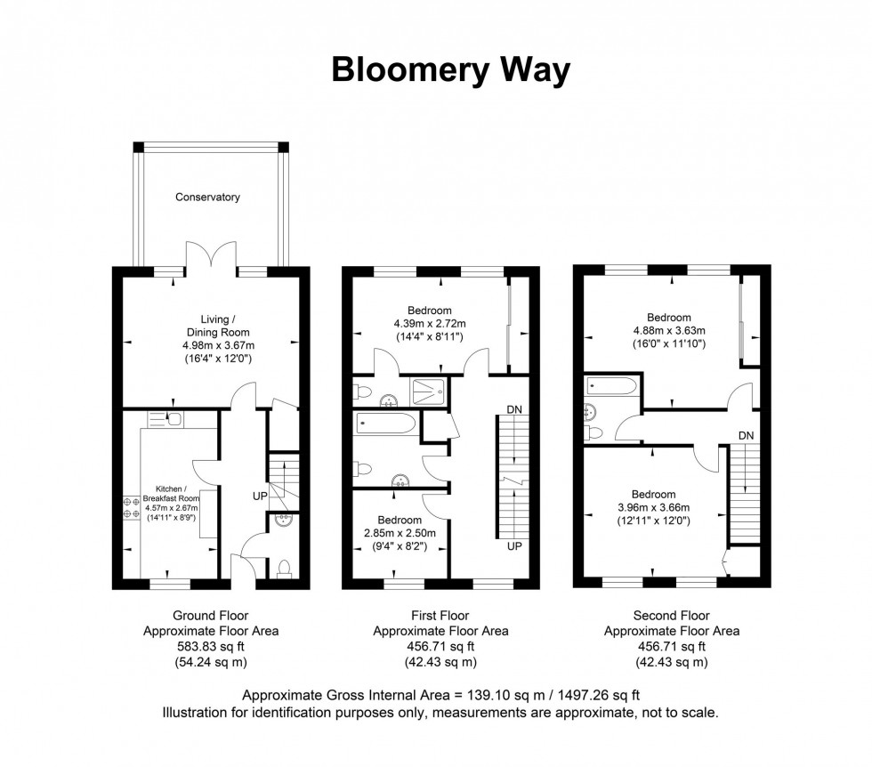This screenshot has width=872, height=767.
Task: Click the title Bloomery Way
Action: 450,70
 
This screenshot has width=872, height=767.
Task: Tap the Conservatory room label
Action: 207,197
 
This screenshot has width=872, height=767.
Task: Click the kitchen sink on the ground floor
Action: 174,419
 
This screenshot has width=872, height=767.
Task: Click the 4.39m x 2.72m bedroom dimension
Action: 430,323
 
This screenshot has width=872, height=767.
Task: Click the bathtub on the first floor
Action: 384,423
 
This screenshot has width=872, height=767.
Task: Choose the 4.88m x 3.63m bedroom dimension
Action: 668,330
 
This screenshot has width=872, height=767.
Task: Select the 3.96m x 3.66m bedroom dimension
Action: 653,507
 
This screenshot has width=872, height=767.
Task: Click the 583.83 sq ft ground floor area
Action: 211,646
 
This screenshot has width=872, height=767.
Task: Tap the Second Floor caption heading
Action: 672,615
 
